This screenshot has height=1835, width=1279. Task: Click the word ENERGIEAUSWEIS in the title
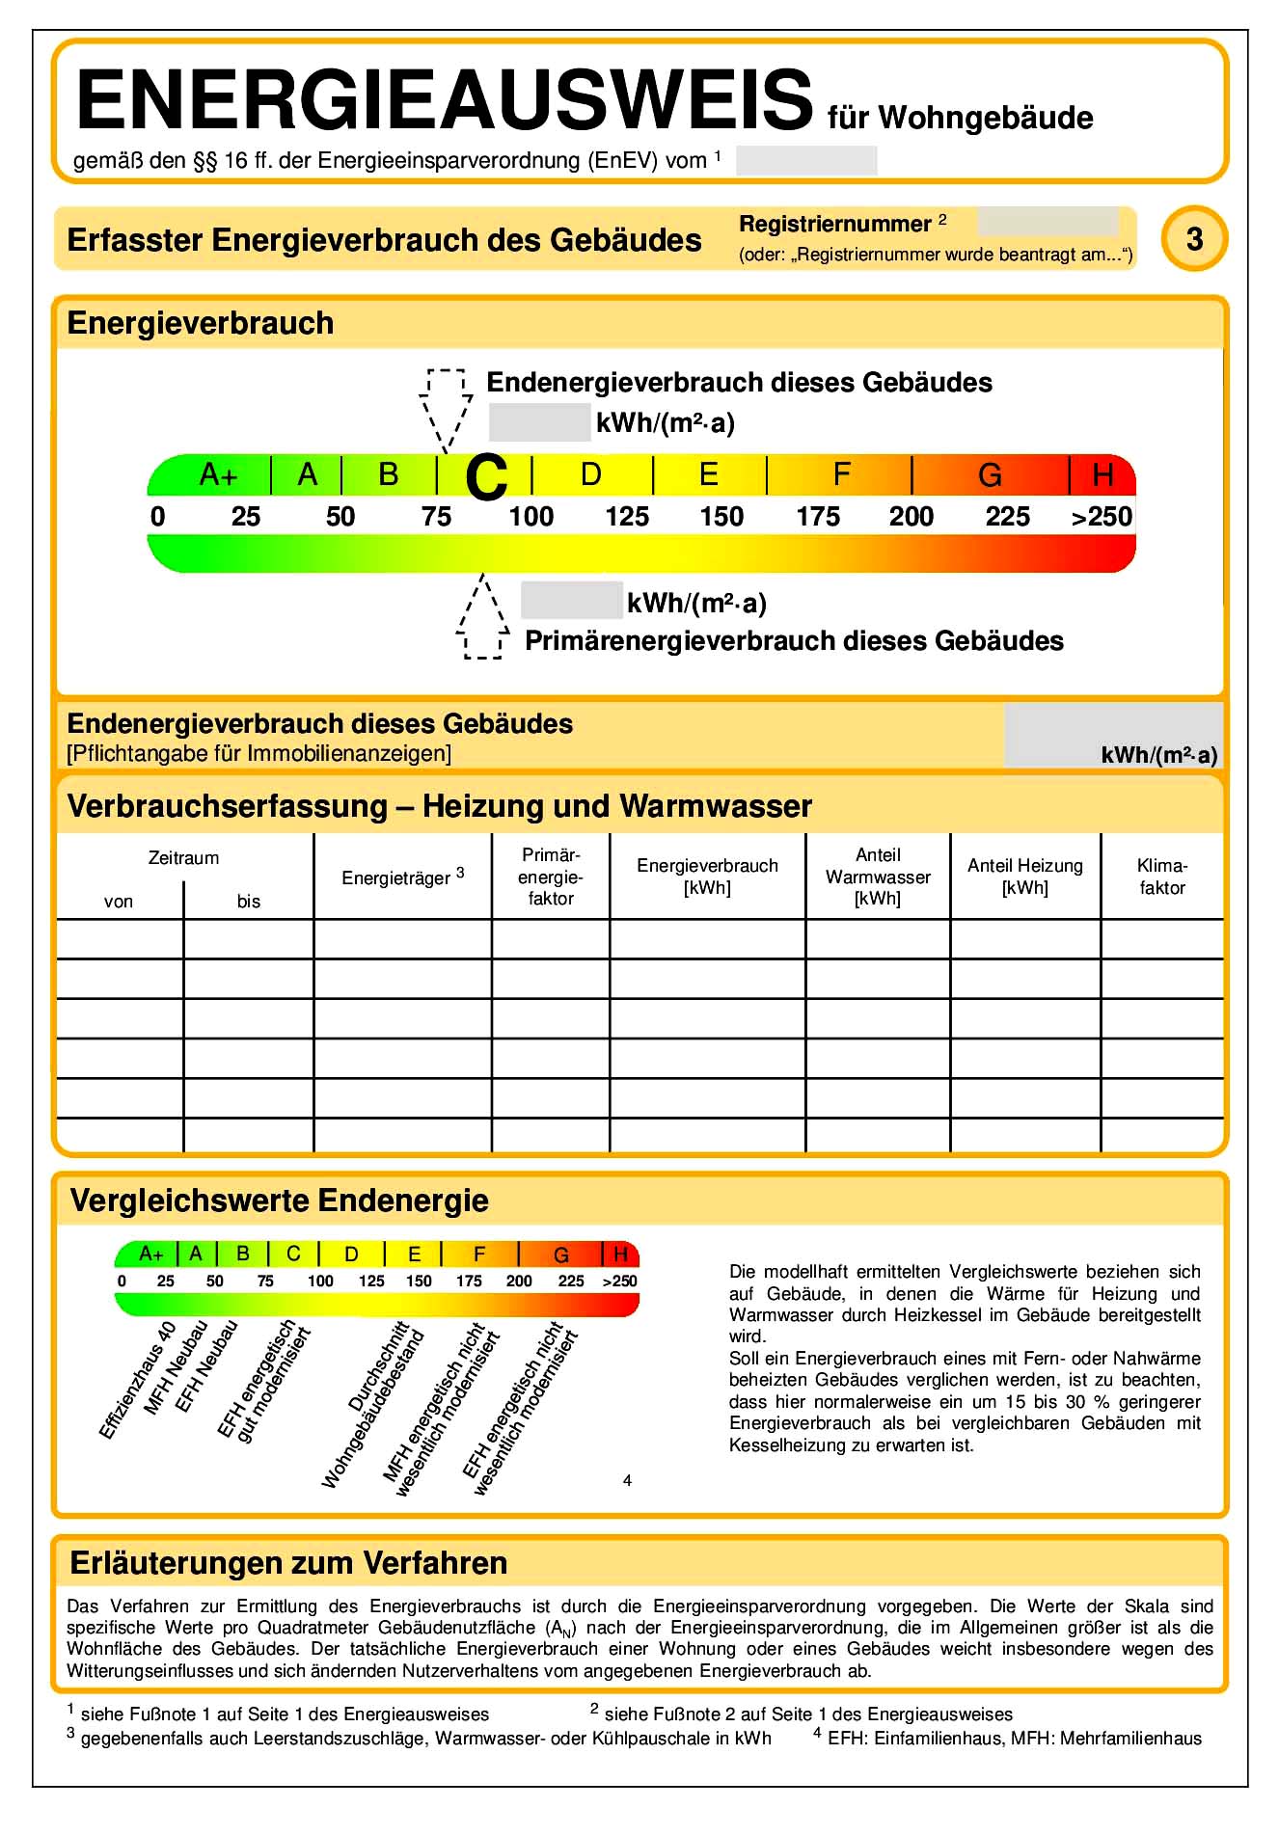[x=445, y=100]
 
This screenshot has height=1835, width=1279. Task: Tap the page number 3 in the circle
[x=1194, y=238]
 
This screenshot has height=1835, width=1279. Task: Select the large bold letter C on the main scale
[x=486, y=477]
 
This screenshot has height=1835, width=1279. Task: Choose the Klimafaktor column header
[x=1161, y=877]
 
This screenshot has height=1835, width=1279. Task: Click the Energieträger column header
[x=402, y=877]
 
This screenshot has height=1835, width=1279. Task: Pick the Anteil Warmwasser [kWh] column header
[x=878, y=877]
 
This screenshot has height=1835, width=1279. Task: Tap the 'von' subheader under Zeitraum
[x=119, y=902]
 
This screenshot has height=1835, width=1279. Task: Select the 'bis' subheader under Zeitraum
[x=249, y=902]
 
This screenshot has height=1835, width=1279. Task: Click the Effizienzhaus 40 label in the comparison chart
[x=138, y=1380]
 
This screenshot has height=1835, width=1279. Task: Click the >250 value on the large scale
[x=1102, y=518]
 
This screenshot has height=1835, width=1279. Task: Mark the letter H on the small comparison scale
[x=620, y=1254]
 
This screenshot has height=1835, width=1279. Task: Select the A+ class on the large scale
[x=218, y=475]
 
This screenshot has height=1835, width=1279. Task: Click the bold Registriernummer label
[x=834, y=224]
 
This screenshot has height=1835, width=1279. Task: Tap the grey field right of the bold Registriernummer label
[x=1048, y=222]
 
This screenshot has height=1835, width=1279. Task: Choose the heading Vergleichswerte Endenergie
[x=279, y=1201]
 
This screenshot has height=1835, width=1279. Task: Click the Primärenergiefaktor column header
[x=551, y=877]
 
